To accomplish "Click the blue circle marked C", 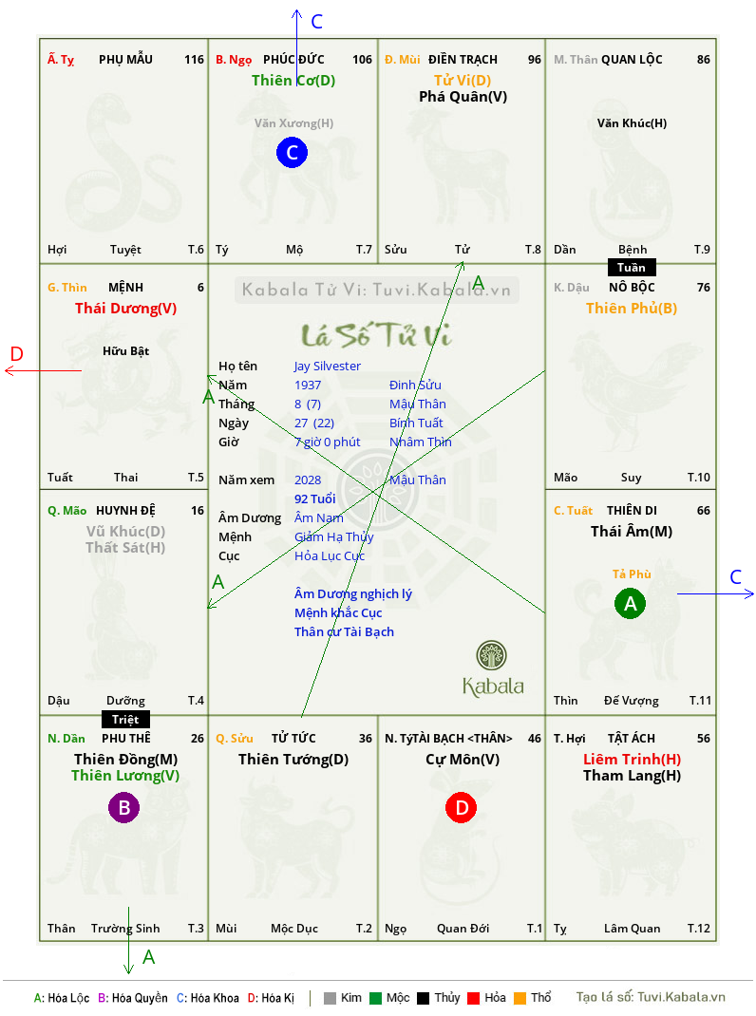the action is (292, 153).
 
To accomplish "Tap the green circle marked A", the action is (631, 604).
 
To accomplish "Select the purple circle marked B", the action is (123, 807).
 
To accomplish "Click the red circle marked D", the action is (461, 807).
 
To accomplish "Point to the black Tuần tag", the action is (632, 267).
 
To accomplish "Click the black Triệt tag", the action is (125, 719).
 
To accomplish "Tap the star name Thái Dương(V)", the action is (125, 308).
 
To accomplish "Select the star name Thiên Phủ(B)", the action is (632, 308).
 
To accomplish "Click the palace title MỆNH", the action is (125, 287).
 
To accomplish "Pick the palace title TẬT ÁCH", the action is (632, 738).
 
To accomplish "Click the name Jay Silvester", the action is (328, 367).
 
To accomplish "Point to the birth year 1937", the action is (308, 385).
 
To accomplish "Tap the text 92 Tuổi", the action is (315, 499).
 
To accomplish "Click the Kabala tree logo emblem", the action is (491, 655).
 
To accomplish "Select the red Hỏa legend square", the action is (474, 998).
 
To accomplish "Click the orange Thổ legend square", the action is (520, 998).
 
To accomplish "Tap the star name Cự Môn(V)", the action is (463, 759).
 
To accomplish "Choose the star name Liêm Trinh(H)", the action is (633, 759).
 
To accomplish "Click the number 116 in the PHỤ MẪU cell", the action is (194, 60).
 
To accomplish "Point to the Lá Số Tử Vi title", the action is (377, 335).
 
